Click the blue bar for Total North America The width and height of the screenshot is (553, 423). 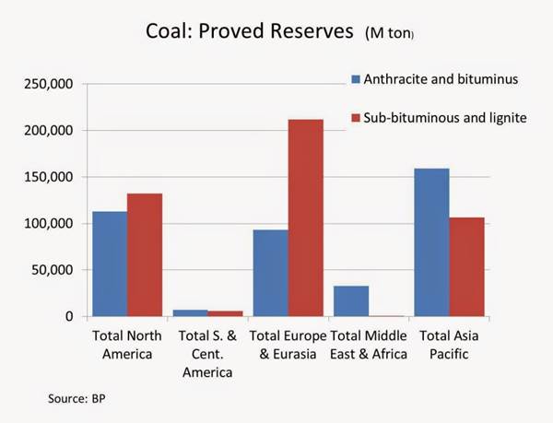coord(110,264)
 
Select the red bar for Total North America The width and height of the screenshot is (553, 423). coord(144,254)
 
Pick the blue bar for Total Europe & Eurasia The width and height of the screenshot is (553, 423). coord(270,273)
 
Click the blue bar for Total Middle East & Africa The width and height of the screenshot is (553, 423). coord(350,300)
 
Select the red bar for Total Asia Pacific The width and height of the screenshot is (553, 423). coord(465,266)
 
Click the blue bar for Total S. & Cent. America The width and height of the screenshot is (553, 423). coord(190,312)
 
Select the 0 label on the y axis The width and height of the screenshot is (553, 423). coord(68,316)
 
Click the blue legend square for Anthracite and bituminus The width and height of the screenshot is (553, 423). coord(355,79)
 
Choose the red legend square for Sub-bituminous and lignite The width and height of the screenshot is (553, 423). coord(355,119)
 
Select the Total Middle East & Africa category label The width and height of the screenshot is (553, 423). coord(369,344)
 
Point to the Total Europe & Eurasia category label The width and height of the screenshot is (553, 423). coord(288,344)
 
